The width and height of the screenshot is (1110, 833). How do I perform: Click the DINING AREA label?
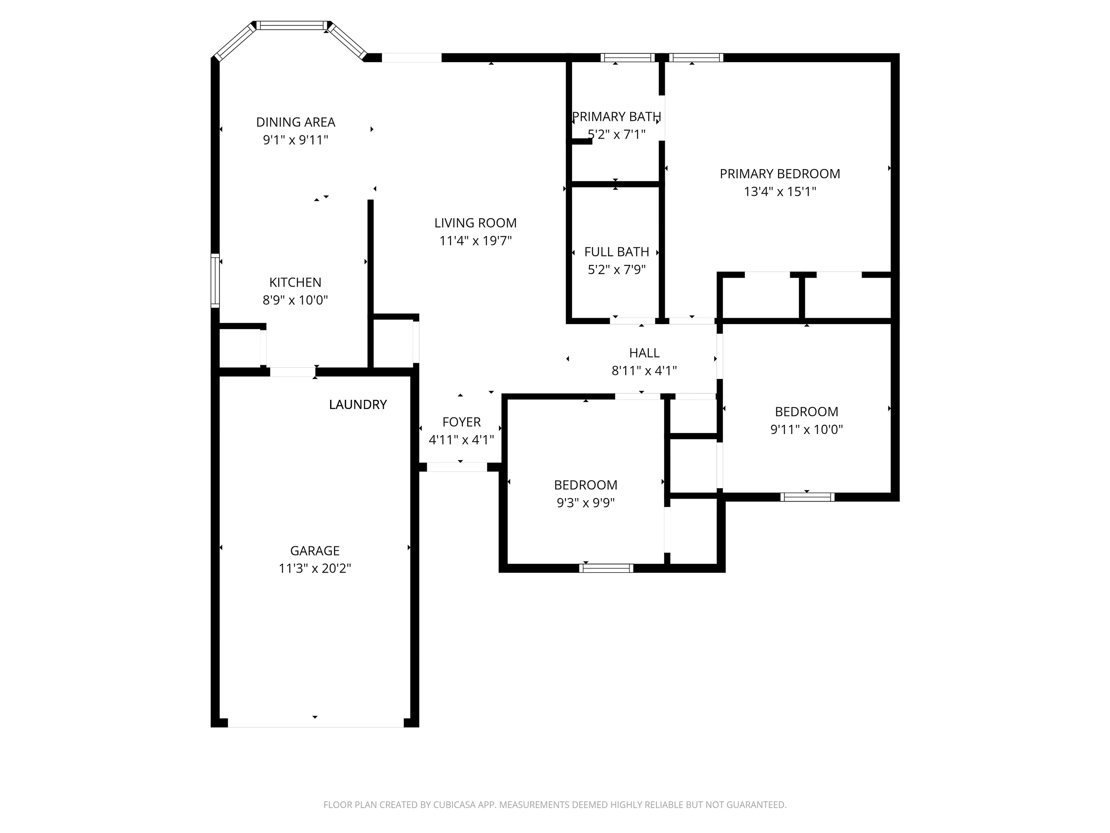(296, 122)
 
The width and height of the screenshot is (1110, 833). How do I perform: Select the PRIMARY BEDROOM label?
(780, 174)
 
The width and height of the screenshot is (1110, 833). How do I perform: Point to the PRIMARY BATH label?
(616, 117)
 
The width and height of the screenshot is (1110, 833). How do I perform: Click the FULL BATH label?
(617, 252)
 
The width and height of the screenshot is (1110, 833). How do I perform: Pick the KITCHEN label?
(295, 282)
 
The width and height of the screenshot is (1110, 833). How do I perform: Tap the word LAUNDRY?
(358, 405)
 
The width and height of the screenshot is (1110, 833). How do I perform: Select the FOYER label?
(462, 422)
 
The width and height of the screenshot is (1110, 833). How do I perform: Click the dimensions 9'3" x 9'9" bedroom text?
(586, 503)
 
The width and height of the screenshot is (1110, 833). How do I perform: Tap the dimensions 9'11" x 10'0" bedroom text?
(806, 429)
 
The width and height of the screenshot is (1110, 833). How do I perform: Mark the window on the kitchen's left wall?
(215, 281)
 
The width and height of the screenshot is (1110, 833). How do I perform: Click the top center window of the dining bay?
(292, 25)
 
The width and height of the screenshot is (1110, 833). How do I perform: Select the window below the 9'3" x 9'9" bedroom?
(606, 568)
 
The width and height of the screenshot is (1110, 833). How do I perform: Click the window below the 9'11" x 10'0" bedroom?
(807, 497)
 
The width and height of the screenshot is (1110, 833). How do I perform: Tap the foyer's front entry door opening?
(457, 467)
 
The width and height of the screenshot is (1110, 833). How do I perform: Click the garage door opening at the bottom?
(316, 723)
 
